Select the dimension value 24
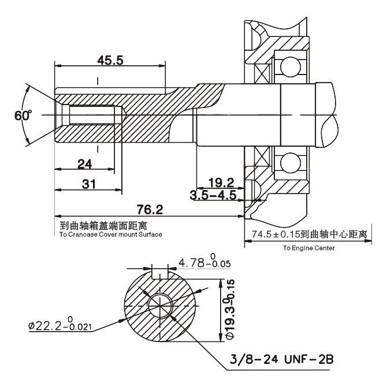click(x=85, y=164)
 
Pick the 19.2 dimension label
click(x=222, y=183)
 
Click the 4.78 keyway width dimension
click(x=204, y=264)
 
